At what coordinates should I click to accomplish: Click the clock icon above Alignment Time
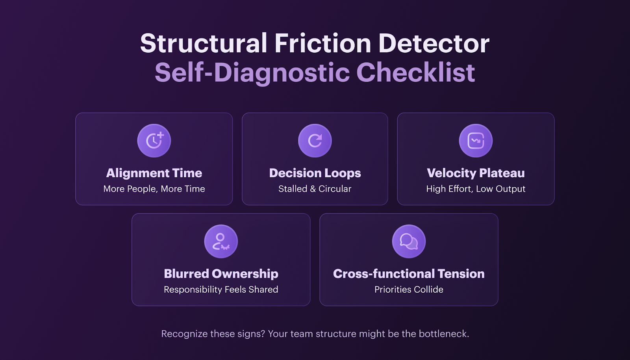tap(154, 141)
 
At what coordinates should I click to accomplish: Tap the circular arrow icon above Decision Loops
tap(315, 141)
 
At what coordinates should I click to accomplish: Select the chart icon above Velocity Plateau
tap(476, 141)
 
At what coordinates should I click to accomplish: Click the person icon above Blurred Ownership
tap(221, 241)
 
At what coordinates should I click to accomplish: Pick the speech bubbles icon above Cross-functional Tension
tap(409, 241)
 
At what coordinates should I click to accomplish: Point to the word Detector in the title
tap(434, 43)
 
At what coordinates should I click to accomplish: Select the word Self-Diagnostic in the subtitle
tap(252, 72)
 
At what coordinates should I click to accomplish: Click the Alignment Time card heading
tap(154, 173)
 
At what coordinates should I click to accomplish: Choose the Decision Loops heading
tap(315, 173)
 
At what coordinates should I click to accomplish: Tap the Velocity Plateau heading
tap(476, 173)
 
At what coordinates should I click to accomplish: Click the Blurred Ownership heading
tap(221, 274)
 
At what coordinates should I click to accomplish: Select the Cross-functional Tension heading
tap(409, 274)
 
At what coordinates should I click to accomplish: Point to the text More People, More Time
tap(154, 189)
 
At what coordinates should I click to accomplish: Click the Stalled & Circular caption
tap(315, 189)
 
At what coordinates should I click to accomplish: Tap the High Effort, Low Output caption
tap(476, 189)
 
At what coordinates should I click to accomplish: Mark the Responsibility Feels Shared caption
tap(221, 289)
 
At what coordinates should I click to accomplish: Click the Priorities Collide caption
tap(409, 289)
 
